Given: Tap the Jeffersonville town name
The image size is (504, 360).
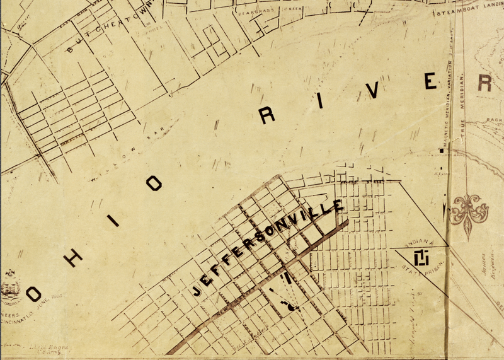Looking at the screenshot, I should (x=268, y=248).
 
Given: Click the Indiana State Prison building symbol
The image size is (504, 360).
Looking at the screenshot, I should (x=421, y=257).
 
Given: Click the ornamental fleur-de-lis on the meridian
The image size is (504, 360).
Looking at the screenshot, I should (x=467, y=209).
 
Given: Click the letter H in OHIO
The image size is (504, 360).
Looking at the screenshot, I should (x=72, y=255).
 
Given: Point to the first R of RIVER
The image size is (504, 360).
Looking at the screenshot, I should (x=268, y=114).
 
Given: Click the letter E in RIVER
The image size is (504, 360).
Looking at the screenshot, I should (x=430, y=81).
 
